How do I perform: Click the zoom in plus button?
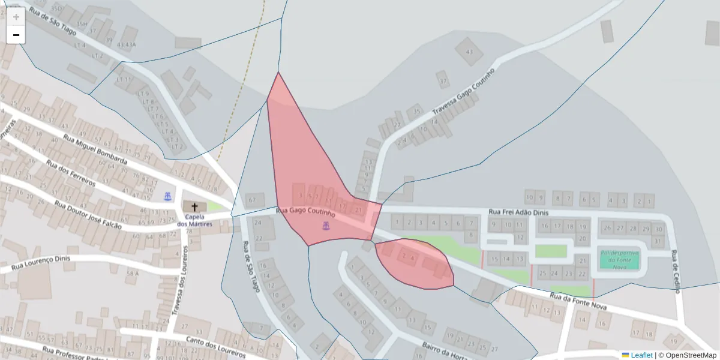pyautogui.click(x=16, y=17)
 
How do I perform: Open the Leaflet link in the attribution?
pyautogui.click(x=641, y=355)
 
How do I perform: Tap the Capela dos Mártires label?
pyautogui.click(x=194, y=221)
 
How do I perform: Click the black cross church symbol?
pyautogui.click(x=194, y=206)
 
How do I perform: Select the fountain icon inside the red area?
pyautogui.click(x=326, y=226)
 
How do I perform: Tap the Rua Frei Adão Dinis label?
pyautogui.click(x=519, y=212)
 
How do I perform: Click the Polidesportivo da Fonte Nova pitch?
pyautogui.click(x=619, y=260)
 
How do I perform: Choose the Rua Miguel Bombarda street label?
pyautogui.click(x=95, y=150)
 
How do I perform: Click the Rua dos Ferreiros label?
pyautogui.click(x=70, y=174)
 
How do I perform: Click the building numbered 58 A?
pyautogui.click(x=132, y=274)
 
